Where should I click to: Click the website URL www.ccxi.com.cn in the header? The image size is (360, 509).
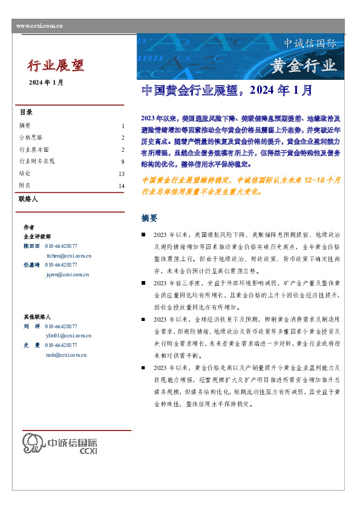point(39,26)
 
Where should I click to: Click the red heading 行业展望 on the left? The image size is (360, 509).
point(56,65)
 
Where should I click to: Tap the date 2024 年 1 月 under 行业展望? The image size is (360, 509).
point(46,82)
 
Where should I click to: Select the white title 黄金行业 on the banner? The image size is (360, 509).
point(303,65)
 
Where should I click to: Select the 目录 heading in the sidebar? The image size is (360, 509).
point(26,112)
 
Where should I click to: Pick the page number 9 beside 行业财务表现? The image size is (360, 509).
point(122,162)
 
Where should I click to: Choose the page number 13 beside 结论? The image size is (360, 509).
point(121,173)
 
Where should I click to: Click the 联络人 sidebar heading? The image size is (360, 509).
point(28,198)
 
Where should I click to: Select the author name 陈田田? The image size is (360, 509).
point(31,246)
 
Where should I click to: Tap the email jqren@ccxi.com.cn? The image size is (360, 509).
point(68,274)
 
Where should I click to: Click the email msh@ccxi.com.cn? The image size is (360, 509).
point(66,354)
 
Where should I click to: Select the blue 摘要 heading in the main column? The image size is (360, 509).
point(149,218)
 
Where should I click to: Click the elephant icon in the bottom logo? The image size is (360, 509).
point(34,443)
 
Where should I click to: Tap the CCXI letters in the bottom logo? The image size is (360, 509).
point(88,450)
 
